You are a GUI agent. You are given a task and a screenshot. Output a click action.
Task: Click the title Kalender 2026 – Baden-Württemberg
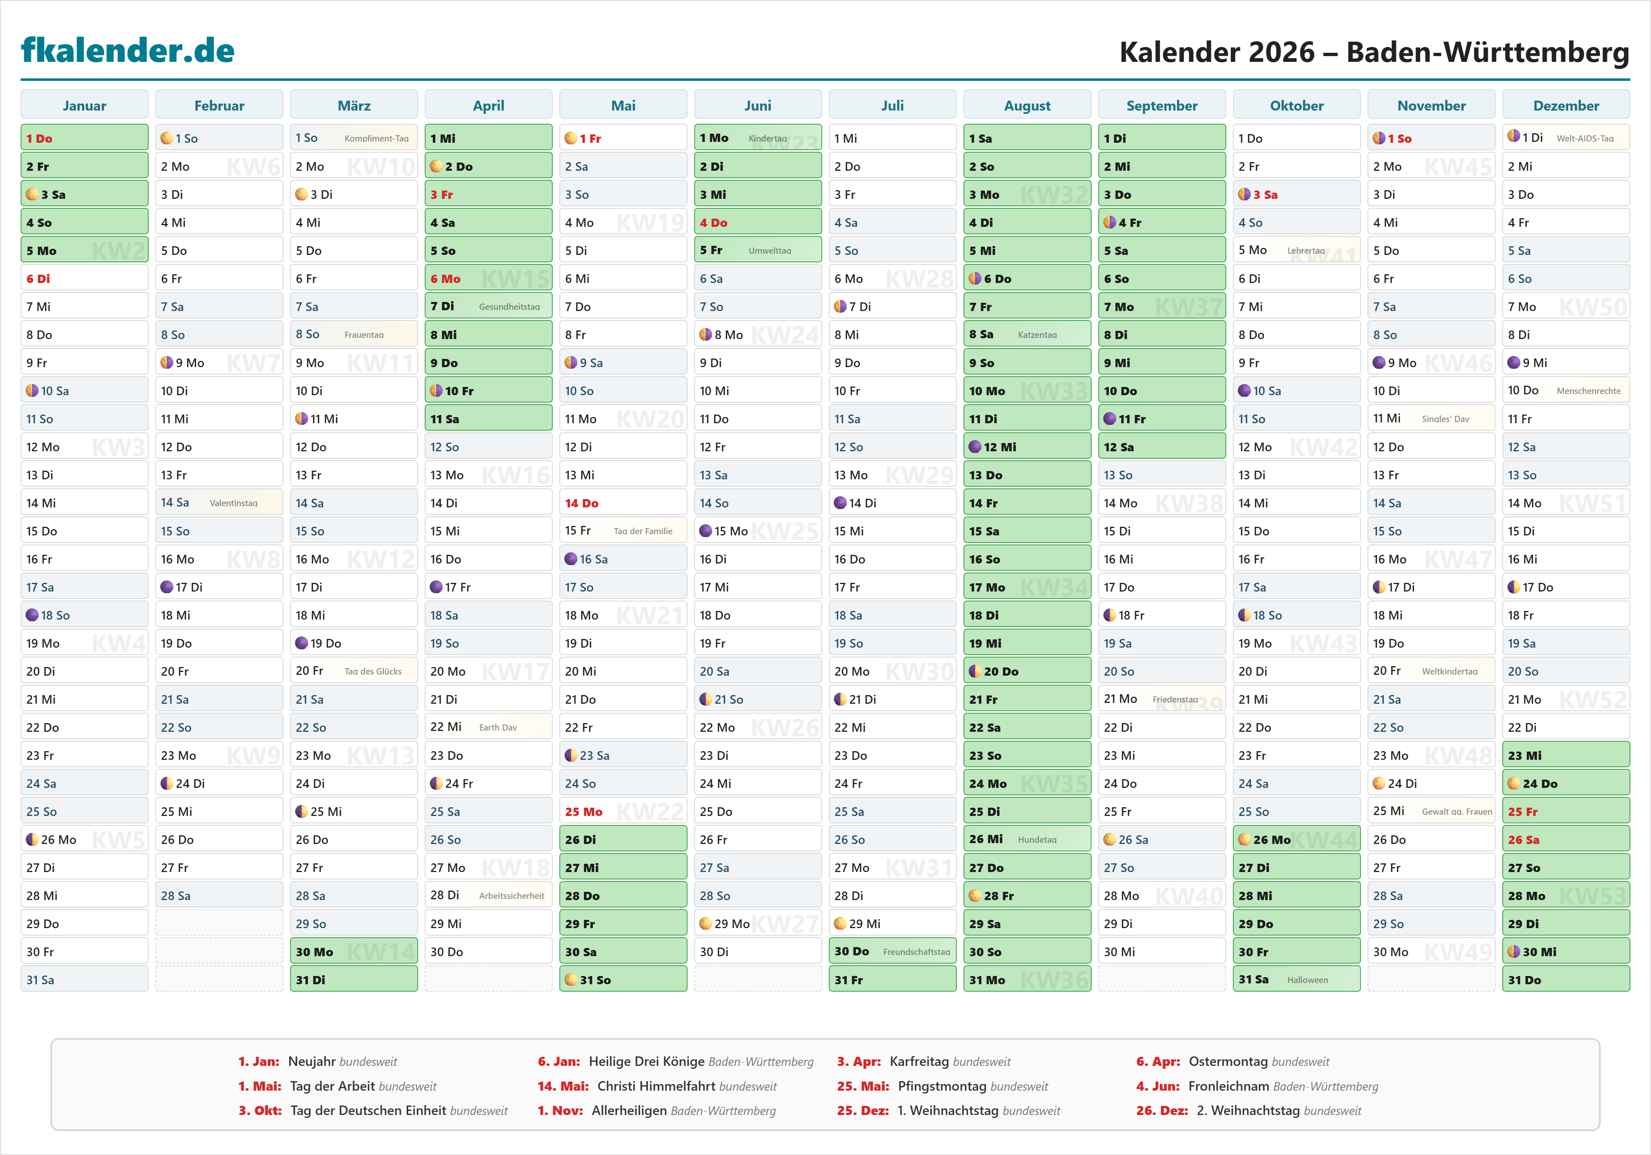coord(1374,52)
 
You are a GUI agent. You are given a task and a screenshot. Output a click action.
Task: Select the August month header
coord(1027,106)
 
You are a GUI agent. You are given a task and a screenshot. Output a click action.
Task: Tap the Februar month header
coord(219,106)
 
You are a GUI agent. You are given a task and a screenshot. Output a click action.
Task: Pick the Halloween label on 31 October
coord(1307,980)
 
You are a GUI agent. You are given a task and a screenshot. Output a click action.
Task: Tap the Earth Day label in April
coord(498,727)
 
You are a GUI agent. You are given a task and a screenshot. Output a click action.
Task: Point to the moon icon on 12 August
coord(975,447)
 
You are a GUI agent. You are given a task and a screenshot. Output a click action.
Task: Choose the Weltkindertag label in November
coord(1449,671)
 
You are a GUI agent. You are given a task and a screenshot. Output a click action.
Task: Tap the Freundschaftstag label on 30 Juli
coord(916,952)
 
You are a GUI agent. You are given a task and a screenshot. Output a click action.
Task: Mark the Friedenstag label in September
coord(1175,699)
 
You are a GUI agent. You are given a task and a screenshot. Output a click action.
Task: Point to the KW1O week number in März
coord(381,167)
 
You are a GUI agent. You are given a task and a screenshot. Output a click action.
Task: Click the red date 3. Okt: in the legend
coord(260,1110)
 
